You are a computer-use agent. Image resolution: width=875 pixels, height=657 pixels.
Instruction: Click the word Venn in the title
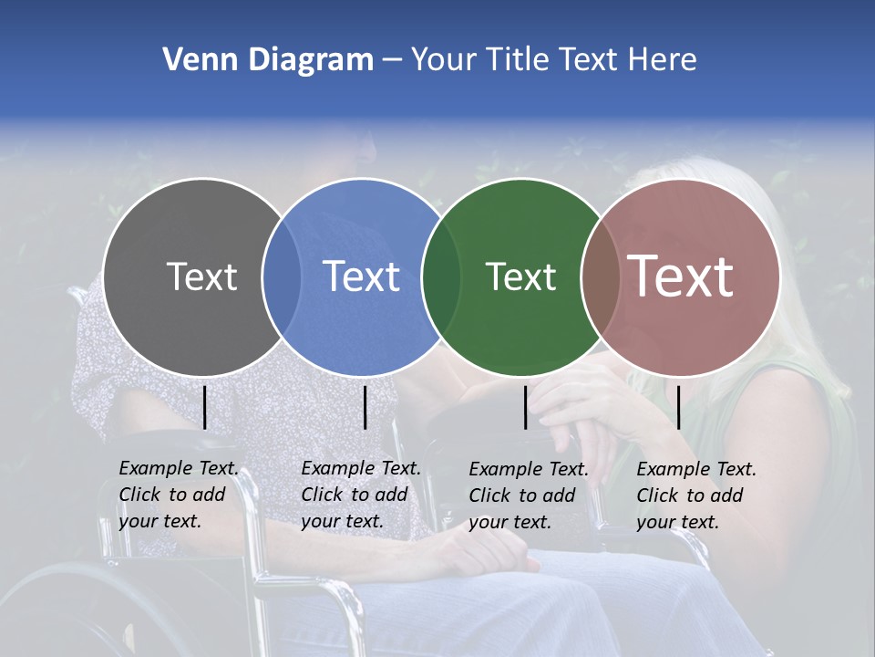click(x=190, y=60)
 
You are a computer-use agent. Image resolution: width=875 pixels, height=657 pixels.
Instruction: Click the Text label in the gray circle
click(x=201, y=276)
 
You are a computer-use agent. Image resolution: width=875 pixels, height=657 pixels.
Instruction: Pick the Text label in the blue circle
click(x=361, y=276)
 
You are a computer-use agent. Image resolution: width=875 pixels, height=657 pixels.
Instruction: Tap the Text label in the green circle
click(x=520, y=276)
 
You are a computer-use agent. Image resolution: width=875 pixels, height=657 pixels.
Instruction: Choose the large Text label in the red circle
click(x=681, y=276)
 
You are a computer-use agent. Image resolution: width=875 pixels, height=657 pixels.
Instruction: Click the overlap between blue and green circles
click(x=441, y=276)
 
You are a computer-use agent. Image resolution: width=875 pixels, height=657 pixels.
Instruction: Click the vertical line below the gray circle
click(x=204, y=407)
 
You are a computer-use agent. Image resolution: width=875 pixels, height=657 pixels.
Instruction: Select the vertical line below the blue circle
click(x=365, y=407)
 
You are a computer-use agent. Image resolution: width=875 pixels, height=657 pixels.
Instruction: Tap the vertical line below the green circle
click(x=525, y=407)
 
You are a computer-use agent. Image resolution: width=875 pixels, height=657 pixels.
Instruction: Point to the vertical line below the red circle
click(x=678, y=407)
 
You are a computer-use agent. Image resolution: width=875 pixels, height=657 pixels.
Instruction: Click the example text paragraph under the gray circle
click(x=179, y=495)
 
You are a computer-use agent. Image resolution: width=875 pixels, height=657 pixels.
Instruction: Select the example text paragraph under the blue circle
click(x=361, y=495)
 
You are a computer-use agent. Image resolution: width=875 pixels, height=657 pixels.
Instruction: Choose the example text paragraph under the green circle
click(x=529, y=495)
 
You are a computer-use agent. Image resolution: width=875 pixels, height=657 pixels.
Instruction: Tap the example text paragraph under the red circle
click(x=696, y=495)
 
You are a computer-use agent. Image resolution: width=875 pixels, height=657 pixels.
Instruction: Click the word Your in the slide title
click(x=443, y=60)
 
